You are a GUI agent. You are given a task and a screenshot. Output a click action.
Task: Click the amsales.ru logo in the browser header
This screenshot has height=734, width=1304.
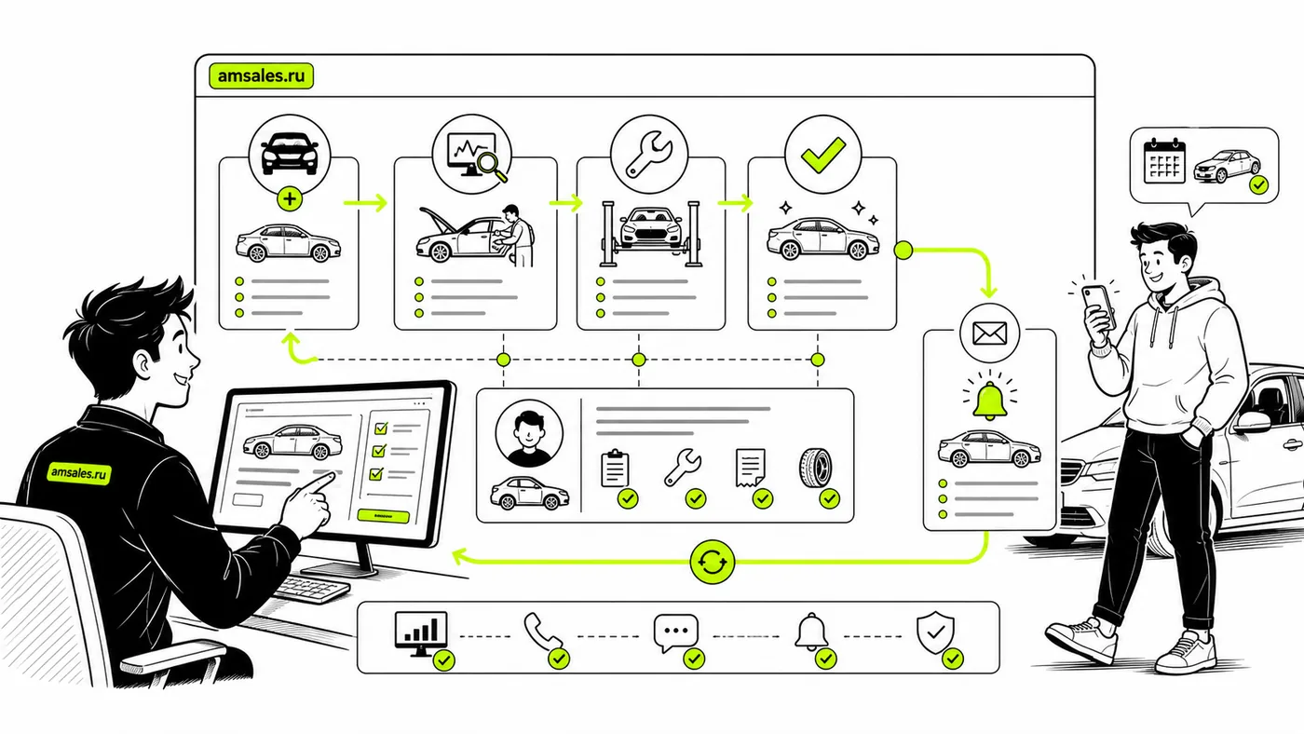pos(262,76)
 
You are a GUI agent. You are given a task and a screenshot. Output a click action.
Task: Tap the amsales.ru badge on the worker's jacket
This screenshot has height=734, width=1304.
pos(79,472)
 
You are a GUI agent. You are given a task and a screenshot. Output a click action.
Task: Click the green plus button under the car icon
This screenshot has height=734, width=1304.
pos(290,199)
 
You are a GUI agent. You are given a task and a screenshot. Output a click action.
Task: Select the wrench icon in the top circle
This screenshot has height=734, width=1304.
pos(649,154)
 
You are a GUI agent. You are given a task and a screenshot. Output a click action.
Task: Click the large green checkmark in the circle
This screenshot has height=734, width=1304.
pos(822,155)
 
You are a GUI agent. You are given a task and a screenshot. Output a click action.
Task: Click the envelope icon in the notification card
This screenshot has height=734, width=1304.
pos(989,333)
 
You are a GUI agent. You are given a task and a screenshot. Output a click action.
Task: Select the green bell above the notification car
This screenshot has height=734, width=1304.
pos(989,401)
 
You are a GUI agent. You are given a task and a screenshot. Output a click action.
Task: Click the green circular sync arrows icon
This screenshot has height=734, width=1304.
pos(712,563)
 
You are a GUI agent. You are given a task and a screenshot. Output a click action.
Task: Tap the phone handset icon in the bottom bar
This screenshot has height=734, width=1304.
pos(542,631)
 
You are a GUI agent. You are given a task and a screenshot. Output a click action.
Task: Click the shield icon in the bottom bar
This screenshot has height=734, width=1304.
pos(935,632)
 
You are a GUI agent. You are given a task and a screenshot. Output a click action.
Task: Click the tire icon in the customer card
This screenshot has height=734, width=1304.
pos(816,468)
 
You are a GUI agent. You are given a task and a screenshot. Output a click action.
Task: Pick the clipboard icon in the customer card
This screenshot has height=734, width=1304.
pos(615,468)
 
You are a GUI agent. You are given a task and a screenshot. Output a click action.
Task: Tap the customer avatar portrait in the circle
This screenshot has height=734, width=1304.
pos(529,433)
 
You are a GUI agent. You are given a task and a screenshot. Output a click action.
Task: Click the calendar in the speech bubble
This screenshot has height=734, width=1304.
pos(1164,161)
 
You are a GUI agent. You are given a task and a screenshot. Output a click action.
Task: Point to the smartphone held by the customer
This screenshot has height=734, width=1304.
pos(1099,306)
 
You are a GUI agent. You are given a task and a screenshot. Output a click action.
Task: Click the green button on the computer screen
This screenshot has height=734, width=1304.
pos(383,516)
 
